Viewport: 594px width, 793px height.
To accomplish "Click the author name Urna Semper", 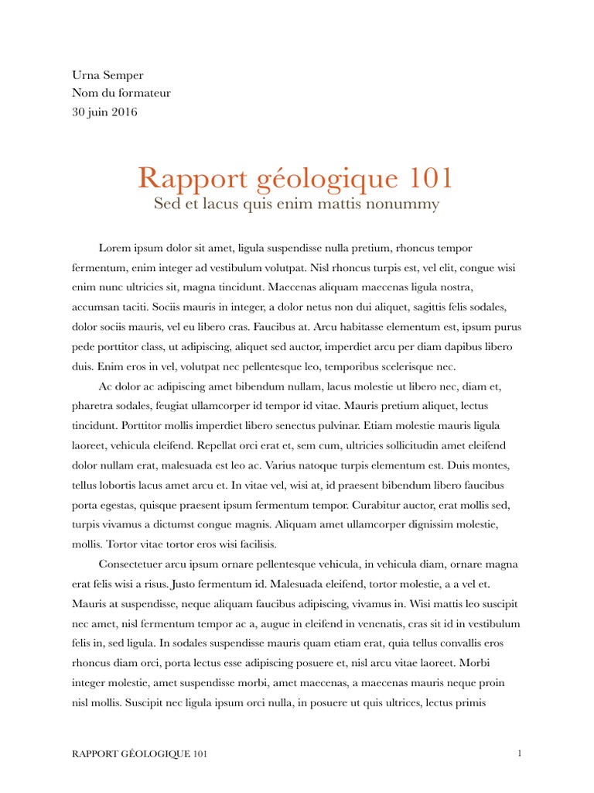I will coord(108,75).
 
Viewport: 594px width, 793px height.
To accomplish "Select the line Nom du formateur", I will coord(121,94).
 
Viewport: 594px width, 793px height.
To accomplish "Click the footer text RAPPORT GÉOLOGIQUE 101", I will coord(139,754).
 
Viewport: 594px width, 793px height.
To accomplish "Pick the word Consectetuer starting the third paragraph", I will coord(134,564).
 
